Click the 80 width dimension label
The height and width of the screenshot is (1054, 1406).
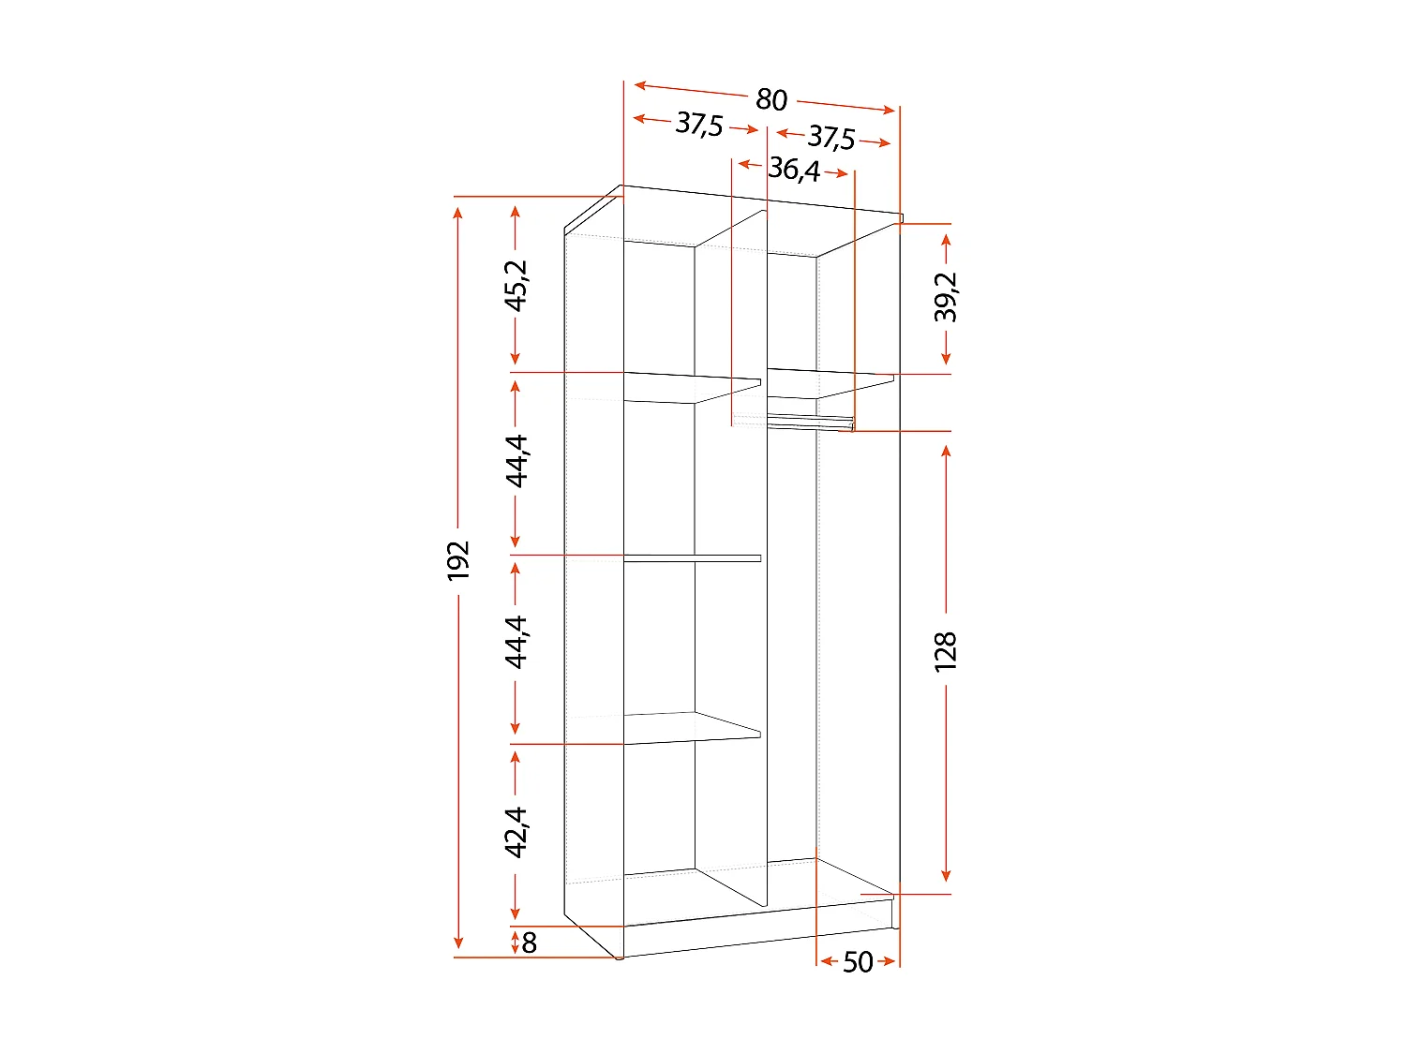point(770,98)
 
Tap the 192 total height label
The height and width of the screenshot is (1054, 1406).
point(458,560)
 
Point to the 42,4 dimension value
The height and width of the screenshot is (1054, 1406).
point(516,831)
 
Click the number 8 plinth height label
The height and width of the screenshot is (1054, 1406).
point(530,943)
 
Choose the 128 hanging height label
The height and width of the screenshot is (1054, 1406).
point(947,651)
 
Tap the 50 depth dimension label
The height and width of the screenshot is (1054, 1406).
point(858,962)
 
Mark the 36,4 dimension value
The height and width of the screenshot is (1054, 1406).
point(794,170)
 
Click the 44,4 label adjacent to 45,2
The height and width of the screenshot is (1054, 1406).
point(516,460)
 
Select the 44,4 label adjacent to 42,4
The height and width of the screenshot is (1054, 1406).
point(516,642)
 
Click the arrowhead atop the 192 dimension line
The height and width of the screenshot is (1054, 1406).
point(458,211)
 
